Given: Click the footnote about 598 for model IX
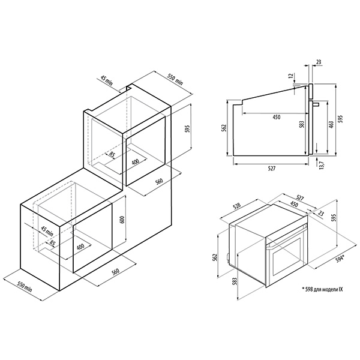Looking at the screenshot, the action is point(322,289).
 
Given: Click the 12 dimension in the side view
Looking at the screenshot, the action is point(291,76).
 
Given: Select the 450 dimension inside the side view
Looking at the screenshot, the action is point(277,117).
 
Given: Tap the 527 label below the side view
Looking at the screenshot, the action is point(272,169).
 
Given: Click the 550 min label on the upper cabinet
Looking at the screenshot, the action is point(175,79).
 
